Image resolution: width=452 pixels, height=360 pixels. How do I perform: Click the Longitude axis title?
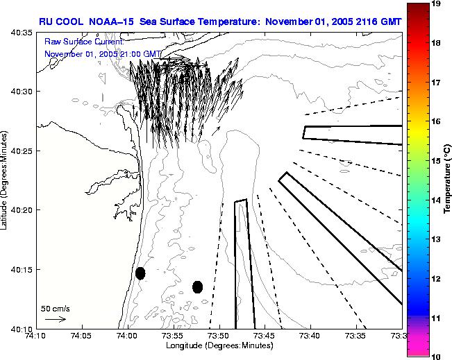pyautogui.click(x=219, y=345)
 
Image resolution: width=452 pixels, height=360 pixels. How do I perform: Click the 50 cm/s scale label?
pyautogui.click(x=55, y=308)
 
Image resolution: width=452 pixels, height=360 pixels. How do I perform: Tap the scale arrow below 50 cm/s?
pyautogui.click(x=55, y=319)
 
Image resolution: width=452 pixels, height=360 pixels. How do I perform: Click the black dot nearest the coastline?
pyautogui.click(x=140, y=273)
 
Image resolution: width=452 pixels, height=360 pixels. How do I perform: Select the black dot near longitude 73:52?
pyautogui.click(x=197, y=286)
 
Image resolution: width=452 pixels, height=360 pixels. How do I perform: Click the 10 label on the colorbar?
pyautogui.click(x=437, y=356)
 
